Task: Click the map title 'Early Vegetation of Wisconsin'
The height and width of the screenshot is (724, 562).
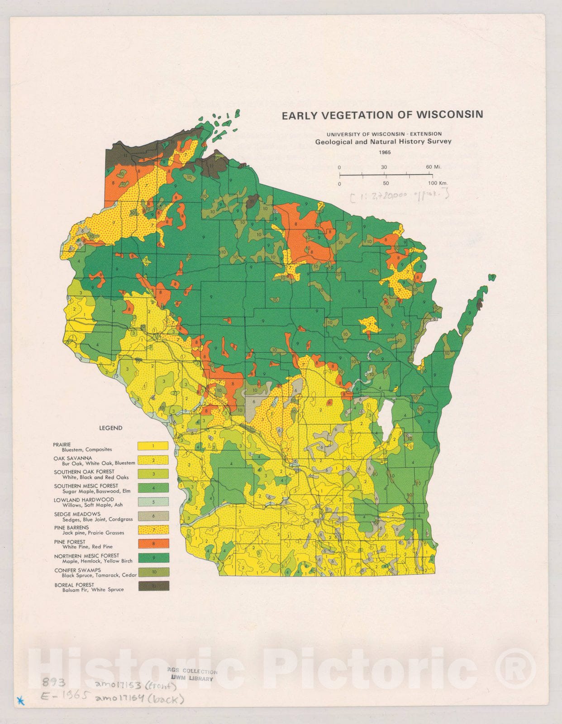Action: [x=382, y=115]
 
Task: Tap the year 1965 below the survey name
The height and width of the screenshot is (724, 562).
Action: [x=385, y=152]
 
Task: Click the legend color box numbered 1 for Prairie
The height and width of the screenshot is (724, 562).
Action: [x=153, y=446]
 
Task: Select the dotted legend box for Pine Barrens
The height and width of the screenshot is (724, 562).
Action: [x=153, y=530]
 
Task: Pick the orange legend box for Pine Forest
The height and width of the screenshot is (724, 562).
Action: [x=153, y=543]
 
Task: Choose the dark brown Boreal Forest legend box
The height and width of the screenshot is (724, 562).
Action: [x=153, y=586]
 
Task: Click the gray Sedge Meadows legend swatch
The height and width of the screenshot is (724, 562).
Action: [x=153, y=516]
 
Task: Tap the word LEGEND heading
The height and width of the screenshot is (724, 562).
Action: [x=110, y=428]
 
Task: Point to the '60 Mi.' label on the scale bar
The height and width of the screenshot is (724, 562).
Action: [x=433, y=167]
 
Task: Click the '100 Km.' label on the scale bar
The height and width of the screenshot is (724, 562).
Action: [x=437, y=183]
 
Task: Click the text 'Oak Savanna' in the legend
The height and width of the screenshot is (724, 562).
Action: [x=72, y=458]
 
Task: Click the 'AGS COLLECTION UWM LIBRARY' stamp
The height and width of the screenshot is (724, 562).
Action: [x=194, y=675]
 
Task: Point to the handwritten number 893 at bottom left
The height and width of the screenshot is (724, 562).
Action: [x=53, y=682]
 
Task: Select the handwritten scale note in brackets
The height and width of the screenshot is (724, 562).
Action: [x=398, y=195]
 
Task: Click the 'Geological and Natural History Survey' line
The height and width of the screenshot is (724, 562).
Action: [x=383, y=142]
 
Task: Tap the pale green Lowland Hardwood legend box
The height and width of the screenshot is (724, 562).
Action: [x=153, y=502]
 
